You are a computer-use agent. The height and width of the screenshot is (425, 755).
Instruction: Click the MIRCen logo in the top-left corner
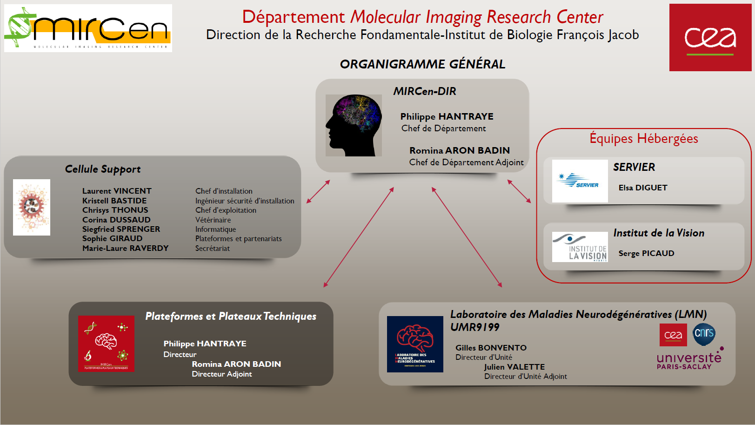tap(88, 28)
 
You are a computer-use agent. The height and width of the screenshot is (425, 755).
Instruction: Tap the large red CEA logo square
tap(710, 38)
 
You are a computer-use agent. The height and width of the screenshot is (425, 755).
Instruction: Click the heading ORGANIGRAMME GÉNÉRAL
tap(422, 64)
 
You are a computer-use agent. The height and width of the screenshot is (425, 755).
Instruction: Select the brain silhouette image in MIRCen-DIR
tap(354, 125)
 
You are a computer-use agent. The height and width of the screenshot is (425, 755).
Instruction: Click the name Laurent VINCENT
tap(117, 191)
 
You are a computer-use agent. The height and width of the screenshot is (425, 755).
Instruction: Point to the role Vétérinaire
tap(213, 220)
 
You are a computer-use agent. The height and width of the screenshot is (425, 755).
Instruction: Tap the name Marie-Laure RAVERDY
tap(125, 248)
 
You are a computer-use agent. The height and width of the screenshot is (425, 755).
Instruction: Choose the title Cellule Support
tap(102, 169)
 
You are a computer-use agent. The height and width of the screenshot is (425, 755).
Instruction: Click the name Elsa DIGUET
tap(642, 188)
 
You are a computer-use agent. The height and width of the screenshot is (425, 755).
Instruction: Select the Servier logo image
tap(580, 181)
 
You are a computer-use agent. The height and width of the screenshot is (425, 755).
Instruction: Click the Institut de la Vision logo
tap(580, 247)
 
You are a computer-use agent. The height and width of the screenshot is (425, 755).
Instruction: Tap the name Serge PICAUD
tap(646, 253)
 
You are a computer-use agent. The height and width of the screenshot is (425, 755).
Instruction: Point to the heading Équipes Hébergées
tap(643, 139)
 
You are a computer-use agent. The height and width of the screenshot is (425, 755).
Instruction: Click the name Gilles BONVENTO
tap(491, 348)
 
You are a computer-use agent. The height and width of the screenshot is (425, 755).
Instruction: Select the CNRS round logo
tap(704, 334)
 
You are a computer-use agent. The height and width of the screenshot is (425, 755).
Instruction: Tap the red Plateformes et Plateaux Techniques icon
tap(106, 344)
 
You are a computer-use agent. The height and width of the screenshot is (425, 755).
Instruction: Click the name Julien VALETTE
tap(514, 367)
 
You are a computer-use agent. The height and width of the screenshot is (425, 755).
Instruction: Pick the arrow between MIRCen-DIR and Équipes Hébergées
tap(519, 191)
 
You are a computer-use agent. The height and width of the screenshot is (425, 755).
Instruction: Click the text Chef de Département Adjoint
tap(466, 162)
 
